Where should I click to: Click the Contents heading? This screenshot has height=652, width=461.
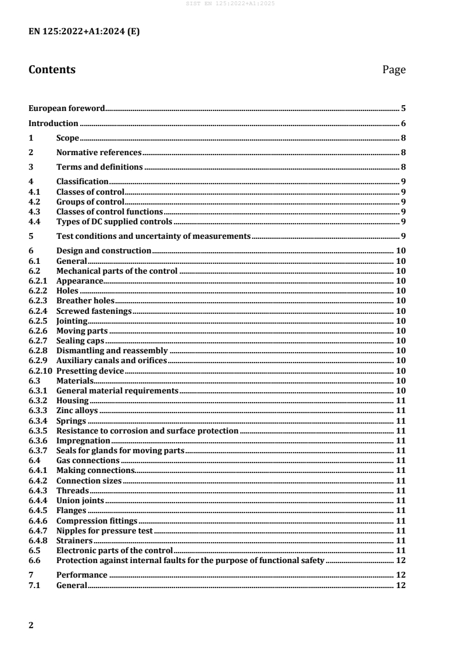[x=52, y=70]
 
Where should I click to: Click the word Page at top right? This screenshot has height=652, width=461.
[x=394, y=70]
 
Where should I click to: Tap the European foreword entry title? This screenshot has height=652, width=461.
[x=67, y=108]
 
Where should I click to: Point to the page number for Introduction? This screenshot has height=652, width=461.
[x=403, y=123]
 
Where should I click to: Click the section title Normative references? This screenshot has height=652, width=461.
[x=99, y=152]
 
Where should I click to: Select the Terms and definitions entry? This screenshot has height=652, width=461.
[x=99, y=167]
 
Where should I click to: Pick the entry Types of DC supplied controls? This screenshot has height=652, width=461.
[x=114, y=221]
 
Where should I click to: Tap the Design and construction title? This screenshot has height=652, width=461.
[x=103, y=250]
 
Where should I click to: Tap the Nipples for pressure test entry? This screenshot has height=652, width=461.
[x=104, y=531]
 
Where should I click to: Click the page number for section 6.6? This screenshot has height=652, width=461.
[x=400, y=560]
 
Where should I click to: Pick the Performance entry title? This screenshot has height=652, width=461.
[x=81, y=575]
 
